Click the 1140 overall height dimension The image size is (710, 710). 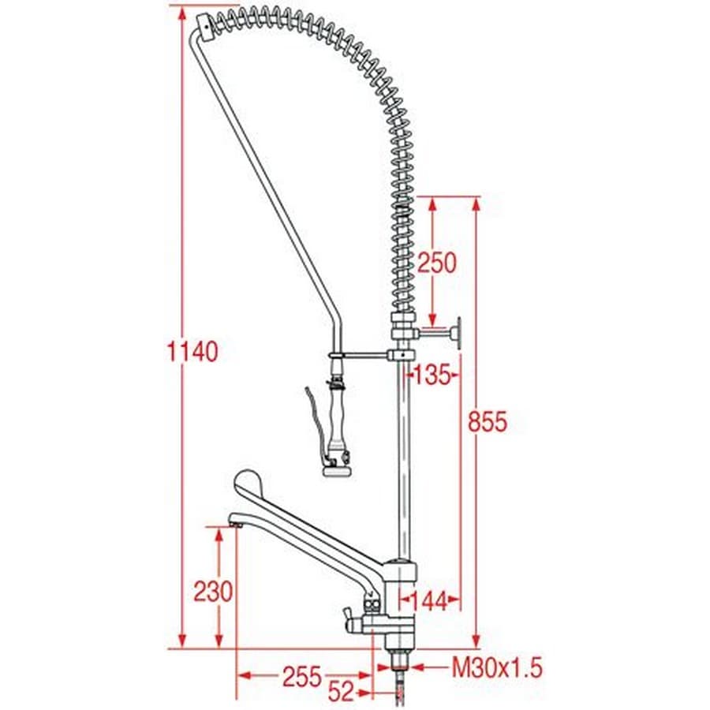coord(193,351)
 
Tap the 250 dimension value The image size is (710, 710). coord(437,263)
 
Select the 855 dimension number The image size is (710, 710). coord(488,421)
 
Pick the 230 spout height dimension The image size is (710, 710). coord(213,592)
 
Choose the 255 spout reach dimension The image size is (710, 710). coord(302,677)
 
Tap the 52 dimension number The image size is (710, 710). coord(341,691)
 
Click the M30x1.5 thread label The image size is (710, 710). coord(497,667)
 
